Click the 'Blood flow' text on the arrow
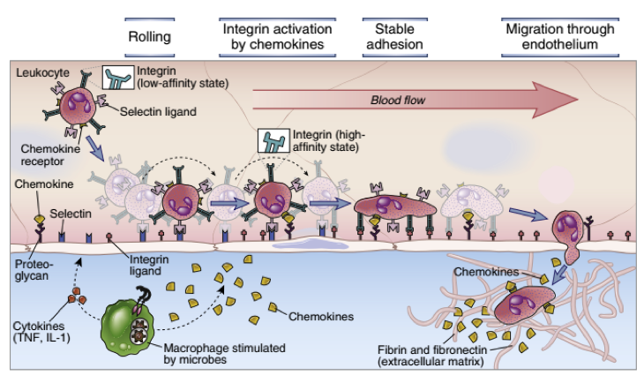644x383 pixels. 397,100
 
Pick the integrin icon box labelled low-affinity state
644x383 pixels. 118,77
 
